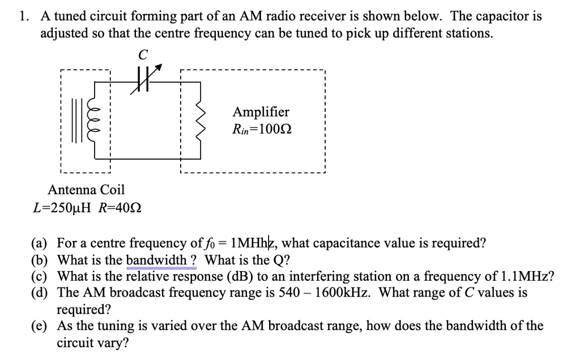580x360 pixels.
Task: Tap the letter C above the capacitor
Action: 143,54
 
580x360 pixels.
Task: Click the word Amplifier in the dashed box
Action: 261,112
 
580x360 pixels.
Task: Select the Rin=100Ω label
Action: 262,129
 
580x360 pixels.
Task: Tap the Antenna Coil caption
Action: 86,189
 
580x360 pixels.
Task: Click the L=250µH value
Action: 63,208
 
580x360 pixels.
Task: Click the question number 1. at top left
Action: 24,16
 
